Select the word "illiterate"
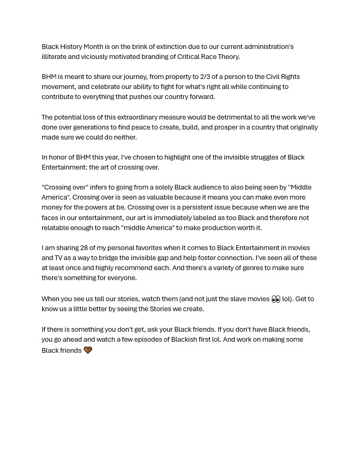pos(54,56)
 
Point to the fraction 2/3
pos(205,76)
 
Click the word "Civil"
pos(273,76)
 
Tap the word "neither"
pos(125,137)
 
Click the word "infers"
pos(98,187)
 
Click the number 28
pos(84,247)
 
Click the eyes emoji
pos(276,299)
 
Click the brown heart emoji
pos(88,350)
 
